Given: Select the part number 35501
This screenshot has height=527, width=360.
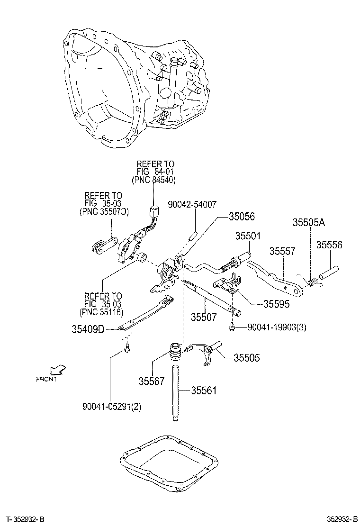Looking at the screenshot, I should [250, 236].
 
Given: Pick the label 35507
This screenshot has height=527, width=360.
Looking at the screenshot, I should [204, 316].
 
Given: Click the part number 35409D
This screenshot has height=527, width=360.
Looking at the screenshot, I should [91, 329].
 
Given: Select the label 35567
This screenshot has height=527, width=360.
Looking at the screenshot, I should [152, 380].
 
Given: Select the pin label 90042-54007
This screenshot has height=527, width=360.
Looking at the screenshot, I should [192, 204].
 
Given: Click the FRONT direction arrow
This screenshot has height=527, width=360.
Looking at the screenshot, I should [59, 370].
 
